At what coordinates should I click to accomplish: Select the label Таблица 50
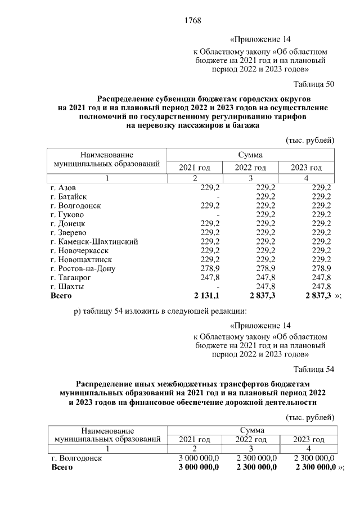point(314,84)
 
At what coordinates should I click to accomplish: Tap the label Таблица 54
point(314,368)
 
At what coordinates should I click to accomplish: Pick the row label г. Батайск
point(68,196)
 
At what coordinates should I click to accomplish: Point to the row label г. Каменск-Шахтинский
point(94,241)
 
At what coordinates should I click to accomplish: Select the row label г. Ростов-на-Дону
point(83,268)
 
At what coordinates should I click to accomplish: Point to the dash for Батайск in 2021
point(217,196)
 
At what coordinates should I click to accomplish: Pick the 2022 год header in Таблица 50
point(250,168)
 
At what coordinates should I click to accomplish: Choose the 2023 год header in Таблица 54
point(309,439)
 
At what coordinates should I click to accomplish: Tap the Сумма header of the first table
point(250,154)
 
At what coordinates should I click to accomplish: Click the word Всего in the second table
point(62,467)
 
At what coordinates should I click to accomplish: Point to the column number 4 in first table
point(306,178)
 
